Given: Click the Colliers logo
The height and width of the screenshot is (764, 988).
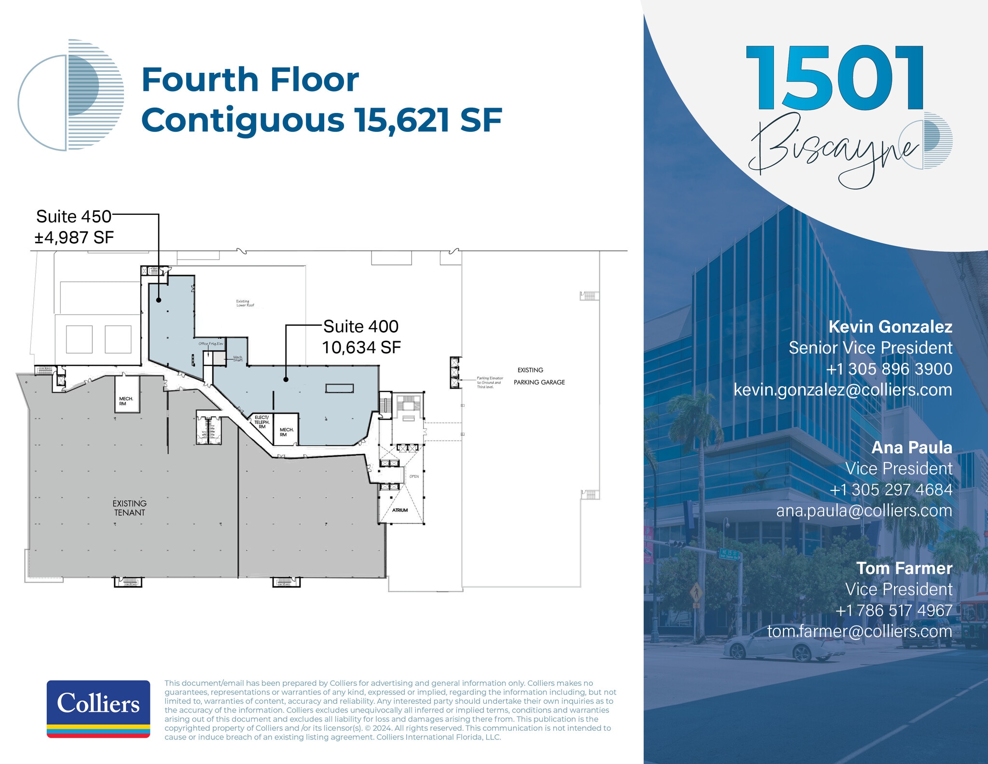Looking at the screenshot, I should (98, 708).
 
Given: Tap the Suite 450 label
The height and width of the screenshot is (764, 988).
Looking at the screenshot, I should (73, 217).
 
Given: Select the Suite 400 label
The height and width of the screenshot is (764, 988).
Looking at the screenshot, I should (361, 327).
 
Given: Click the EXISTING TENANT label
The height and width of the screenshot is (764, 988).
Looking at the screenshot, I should (129, 508).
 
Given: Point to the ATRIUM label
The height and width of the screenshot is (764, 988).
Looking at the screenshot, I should (400, 510).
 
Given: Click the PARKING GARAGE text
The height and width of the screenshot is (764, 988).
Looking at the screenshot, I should (539, 382).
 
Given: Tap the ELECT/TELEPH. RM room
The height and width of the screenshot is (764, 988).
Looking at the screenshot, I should (262, 422).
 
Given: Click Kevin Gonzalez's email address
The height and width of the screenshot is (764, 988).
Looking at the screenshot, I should (843, 390).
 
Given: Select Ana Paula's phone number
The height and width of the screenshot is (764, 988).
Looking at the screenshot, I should (891, 489).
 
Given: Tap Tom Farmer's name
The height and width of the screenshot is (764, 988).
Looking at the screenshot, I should (904, 568).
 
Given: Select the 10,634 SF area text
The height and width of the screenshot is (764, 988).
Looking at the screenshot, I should (361, 347).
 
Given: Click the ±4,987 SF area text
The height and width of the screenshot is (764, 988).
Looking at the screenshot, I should (74, 237).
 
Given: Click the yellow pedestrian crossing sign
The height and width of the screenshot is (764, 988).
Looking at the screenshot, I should (696, 591).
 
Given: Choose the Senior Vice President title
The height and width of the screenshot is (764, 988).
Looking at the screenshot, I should (870, 347).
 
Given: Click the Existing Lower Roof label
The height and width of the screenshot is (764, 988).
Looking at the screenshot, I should (245, 303).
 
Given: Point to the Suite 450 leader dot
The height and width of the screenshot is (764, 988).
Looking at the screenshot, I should (159, 300).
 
